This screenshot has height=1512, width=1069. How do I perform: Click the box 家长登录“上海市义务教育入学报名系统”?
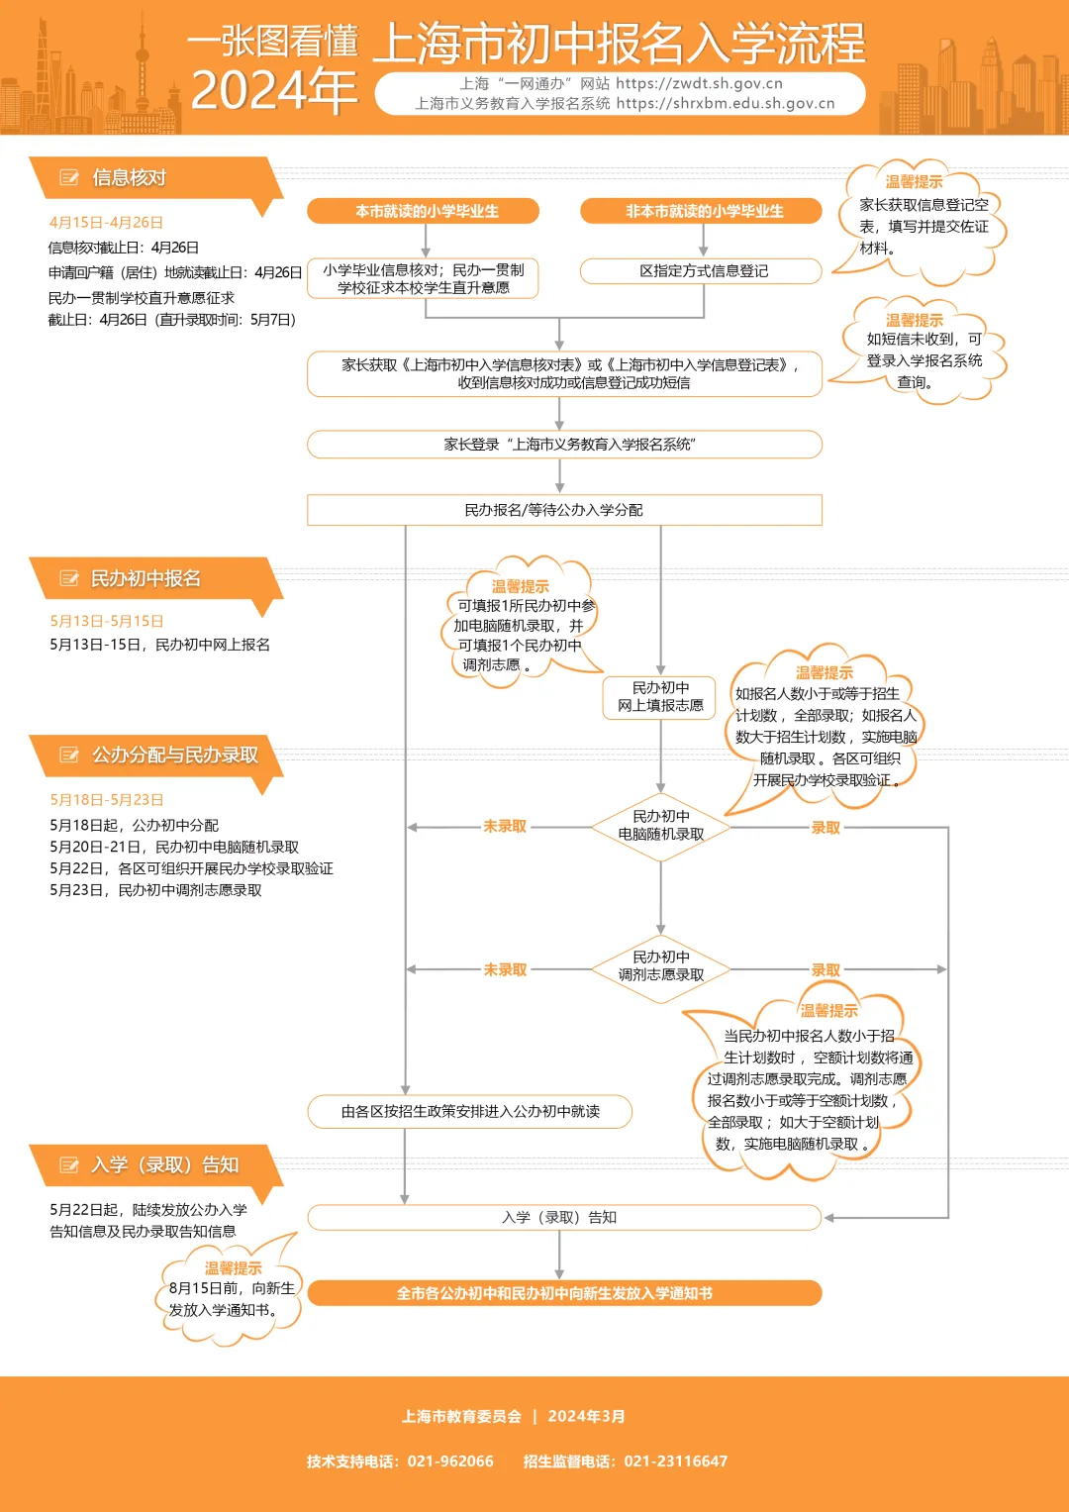coord(564,445)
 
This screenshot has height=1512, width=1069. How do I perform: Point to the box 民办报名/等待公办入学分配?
coord(564,510)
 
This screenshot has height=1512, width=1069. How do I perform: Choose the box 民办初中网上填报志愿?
coord(660,696)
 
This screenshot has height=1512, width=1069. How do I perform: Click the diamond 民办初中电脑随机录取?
coord(660,826)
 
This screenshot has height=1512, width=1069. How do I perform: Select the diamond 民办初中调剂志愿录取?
coord(660,966)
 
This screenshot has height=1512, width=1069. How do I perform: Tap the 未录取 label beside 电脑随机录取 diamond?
coord(505,827)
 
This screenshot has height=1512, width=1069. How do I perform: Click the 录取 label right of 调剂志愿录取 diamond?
coord(826,970)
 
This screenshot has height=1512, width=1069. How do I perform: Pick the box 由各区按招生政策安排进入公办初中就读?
coord(470,1112)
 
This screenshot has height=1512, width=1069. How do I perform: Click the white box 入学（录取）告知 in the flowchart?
coord(564,1217)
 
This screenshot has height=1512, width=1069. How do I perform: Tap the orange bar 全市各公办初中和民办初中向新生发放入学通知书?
coord(564,1293)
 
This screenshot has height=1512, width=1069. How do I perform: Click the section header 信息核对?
coord(129,178)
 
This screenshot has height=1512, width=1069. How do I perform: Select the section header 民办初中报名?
coord(146,579)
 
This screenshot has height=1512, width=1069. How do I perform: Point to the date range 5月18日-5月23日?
coord(107,800)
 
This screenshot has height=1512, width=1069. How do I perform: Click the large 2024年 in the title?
coord(273,91)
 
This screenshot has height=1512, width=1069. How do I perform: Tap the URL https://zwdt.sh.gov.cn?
coord(699,84)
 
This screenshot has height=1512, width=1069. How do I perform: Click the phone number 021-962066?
coord(450,1462)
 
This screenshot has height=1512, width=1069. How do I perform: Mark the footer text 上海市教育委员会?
coord(461,1417)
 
